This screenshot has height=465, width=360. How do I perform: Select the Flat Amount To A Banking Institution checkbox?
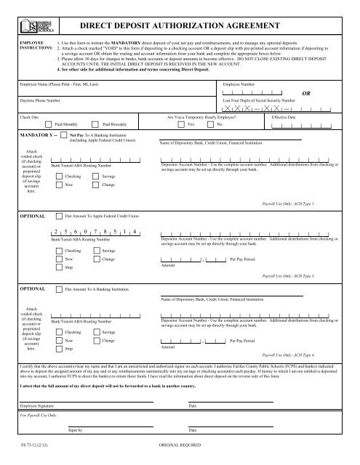tap(58, 288)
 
